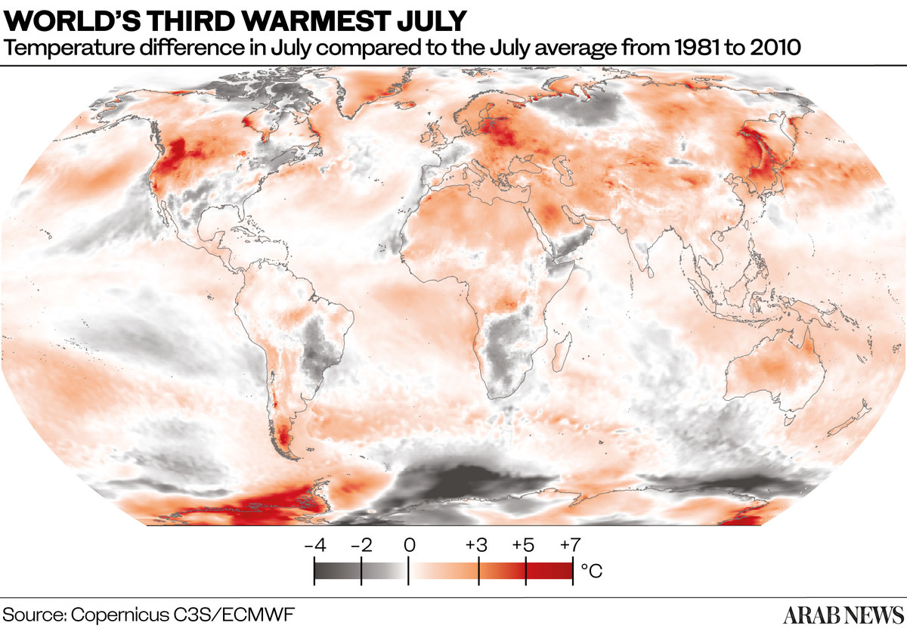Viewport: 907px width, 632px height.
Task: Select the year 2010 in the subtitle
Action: pos(764,49)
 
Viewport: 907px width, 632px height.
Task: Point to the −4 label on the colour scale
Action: pos(314,544)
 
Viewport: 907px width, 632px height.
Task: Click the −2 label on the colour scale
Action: pos(362,544)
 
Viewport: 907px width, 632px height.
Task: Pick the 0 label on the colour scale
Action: pos(409,544)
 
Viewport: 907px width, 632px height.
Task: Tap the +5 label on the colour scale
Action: pos(524,544)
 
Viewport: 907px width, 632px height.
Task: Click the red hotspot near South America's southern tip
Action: pos(284,435)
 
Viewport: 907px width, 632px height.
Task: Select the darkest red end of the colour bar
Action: pos(563,572)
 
